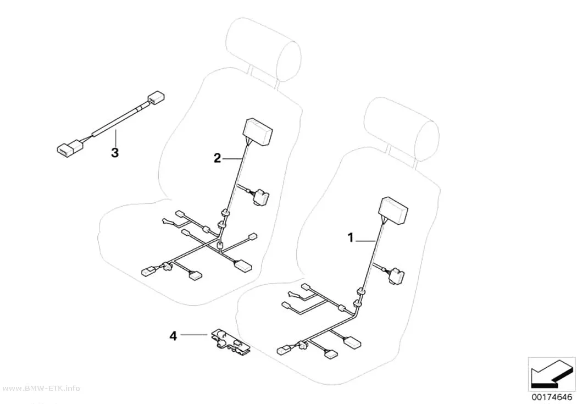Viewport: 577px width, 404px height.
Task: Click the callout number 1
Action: (x=351, y=237)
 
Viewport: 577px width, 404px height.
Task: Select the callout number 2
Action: (x=218, y=159)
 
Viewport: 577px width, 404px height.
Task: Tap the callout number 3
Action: (x=115, y=152)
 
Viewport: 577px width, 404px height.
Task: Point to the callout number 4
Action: (x=173, y=335)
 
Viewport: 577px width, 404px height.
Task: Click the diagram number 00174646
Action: (x=552, y=397)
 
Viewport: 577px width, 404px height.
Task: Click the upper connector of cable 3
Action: (x=156, y=98)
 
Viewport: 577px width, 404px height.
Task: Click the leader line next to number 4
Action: (x=193, y=334)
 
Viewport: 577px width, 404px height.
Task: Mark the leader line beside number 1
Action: (x=366, y=240)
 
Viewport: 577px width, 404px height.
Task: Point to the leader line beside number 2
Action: (x=232, y=158)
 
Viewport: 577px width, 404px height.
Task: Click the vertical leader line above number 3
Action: (x=115, y=137)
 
